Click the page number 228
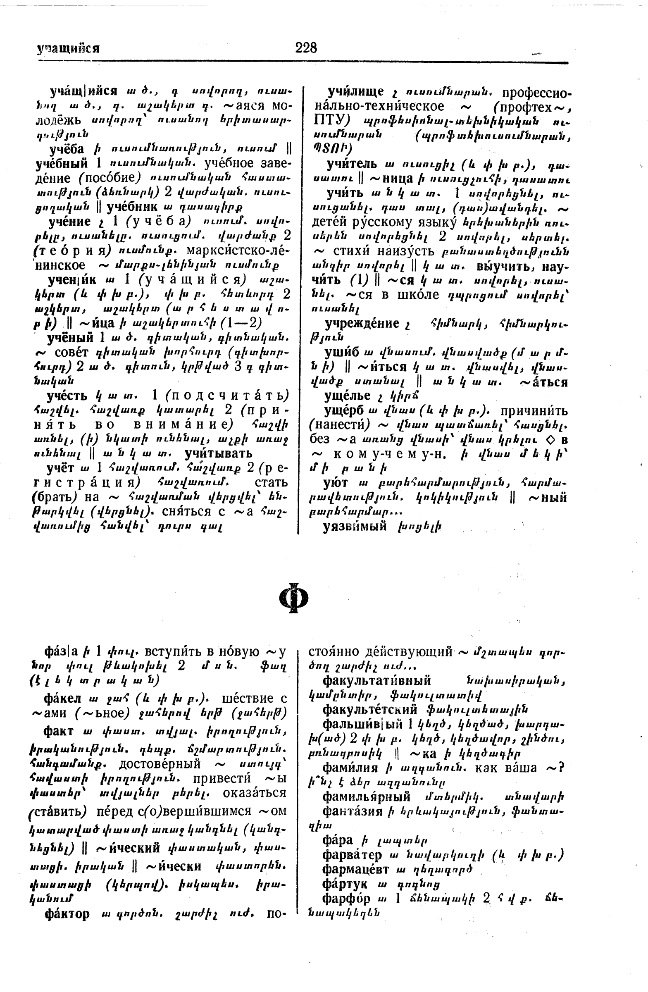click(306, 48)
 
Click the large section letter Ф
click(293, 598)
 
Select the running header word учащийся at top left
click(68, 49)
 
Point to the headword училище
click(355, 92)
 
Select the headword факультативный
click(377, 681)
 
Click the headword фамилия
click(350, 767)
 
